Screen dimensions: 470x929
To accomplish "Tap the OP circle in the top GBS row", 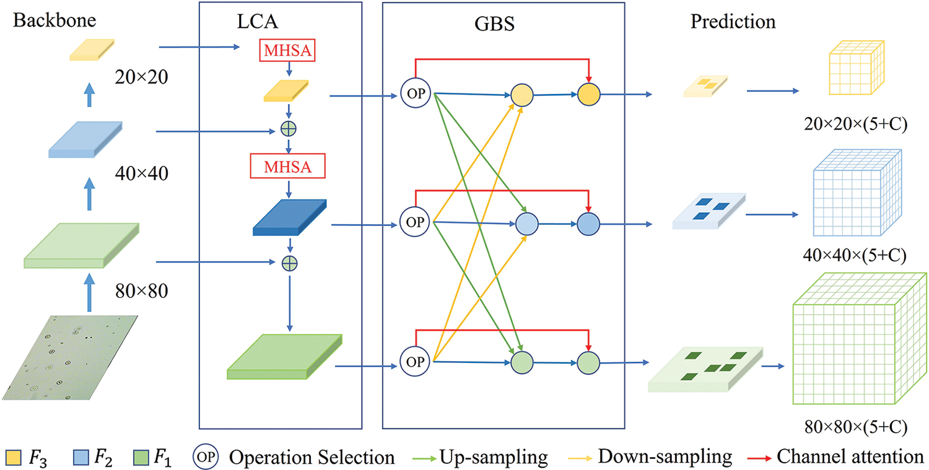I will pos(416,95).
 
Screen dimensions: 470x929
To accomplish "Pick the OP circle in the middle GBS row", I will pos(416,222).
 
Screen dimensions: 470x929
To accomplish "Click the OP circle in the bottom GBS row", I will pos(416,362).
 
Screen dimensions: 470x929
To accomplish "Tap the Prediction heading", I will pos(733,22).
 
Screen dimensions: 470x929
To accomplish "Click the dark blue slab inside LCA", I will pos(290,218).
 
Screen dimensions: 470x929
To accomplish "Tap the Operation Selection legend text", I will pos(312,458).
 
